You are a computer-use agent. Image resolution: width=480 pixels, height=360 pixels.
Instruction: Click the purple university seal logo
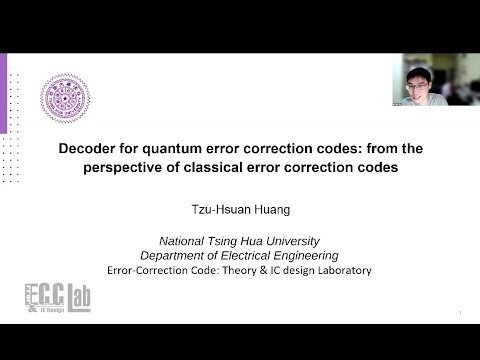pos(65,98)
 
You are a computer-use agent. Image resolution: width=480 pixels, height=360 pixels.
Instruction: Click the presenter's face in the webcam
pos(419,79)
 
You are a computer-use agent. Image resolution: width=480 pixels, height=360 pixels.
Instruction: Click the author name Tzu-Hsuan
pos(222,211)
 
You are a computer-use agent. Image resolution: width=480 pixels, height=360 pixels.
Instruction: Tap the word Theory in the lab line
pos(225,270)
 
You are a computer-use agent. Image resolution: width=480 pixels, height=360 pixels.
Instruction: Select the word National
pos(187,241)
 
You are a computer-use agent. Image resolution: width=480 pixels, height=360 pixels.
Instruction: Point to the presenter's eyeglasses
pos(419,77)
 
